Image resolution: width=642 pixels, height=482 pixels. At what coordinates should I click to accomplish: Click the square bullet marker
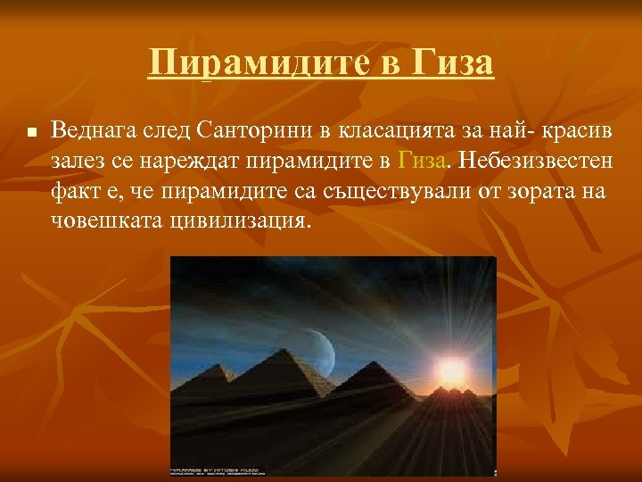pyautogui.click(x=29, y=131)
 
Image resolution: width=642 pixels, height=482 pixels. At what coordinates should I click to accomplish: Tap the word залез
pyautogui.click(x=78, y=161)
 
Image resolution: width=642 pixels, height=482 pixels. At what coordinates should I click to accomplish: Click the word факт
pyautogui.click(x=73, y=191)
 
